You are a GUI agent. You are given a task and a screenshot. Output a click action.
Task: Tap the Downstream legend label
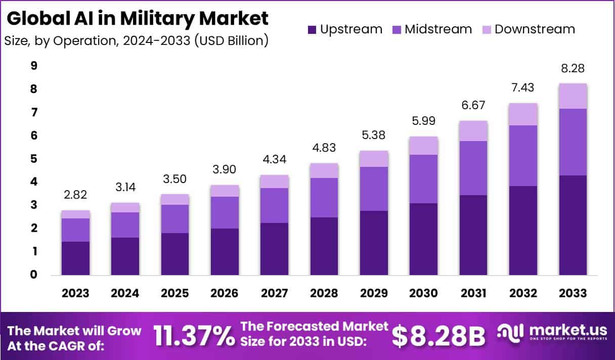coord(535,29)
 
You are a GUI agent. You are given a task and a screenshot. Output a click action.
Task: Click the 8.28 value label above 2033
coord(573,68)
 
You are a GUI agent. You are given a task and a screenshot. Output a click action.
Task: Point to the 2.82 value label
coord(75,195)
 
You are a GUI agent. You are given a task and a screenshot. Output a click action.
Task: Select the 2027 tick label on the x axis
coord(274,293)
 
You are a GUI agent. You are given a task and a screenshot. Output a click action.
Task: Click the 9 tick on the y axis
coord(34,66)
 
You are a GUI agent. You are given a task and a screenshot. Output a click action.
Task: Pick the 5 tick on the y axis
coord(34,159)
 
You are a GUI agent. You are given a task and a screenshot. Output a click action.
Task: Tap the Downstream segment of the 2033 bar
coord(573,96)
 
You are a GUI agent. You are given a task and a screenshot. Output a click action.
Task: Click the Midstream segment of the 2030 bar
coord(423,179)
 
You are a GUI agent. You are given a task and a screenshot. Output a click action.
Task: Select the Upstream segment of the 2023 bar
coord(75,258)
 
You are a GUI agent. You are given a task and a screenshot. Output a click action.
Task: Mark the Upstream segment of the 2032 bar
coord(523,231)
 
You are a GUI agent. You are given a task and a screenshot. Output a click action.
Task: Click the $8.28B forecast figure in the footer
coord(438,336)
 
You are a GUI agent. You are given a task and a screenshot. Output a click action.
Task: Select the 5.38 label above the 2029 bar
coord(374,136)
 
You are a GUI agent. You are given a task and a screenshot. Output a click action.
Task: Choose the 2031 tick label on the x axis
coord(473,293)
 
